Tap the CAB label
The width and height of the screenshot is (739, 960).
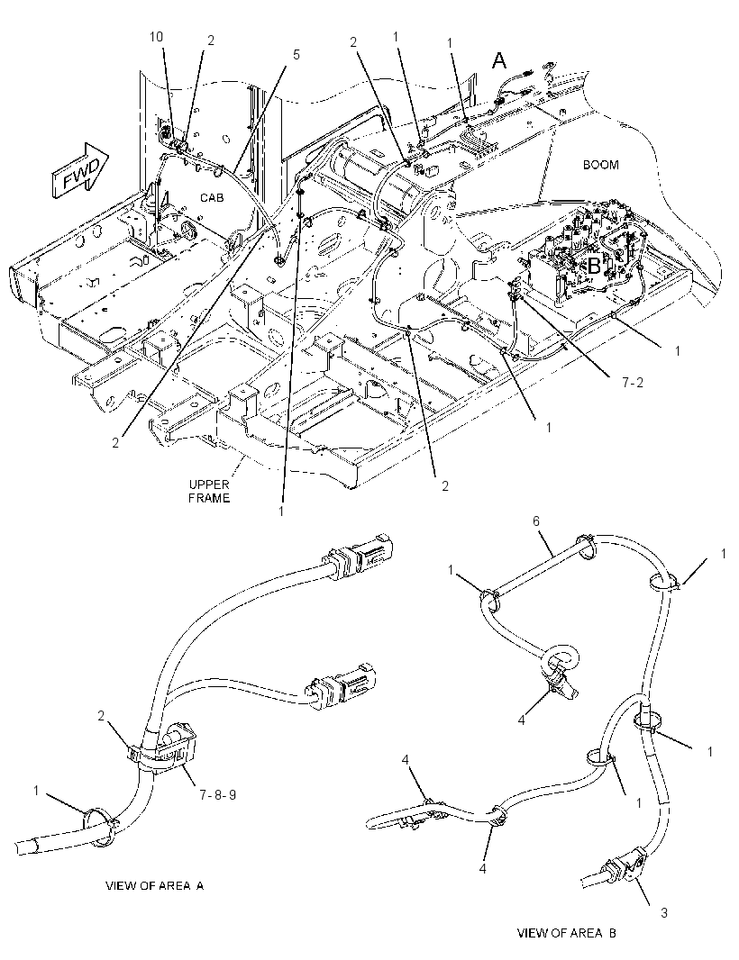click(x=212, y=198)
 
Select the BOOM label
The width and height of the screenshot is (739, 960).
click(x=600, y=165)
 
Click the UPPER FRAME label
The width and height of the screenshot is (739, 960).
click(x=209, y=491)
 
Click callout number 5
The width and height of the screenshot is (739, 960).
click(x=296, y=55)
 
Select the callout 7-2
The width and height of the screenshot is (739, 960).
click(x=633, y=384)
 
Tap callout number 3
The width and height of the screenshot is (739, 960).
click(x=663, y=913)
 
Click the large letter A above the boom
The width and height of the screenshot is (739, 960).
click(x=500, y=60)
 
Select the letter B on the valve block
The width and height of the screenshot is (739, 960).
click(x=594, y=267)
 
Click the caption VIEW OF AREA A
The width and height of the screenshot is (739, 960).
click(x=154, y=885)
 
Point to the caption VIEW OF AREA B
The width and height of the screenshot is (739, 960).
click(x=567, y=933)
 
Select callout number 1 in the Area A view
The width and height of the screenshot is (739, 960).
click(x=36, y=791)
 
